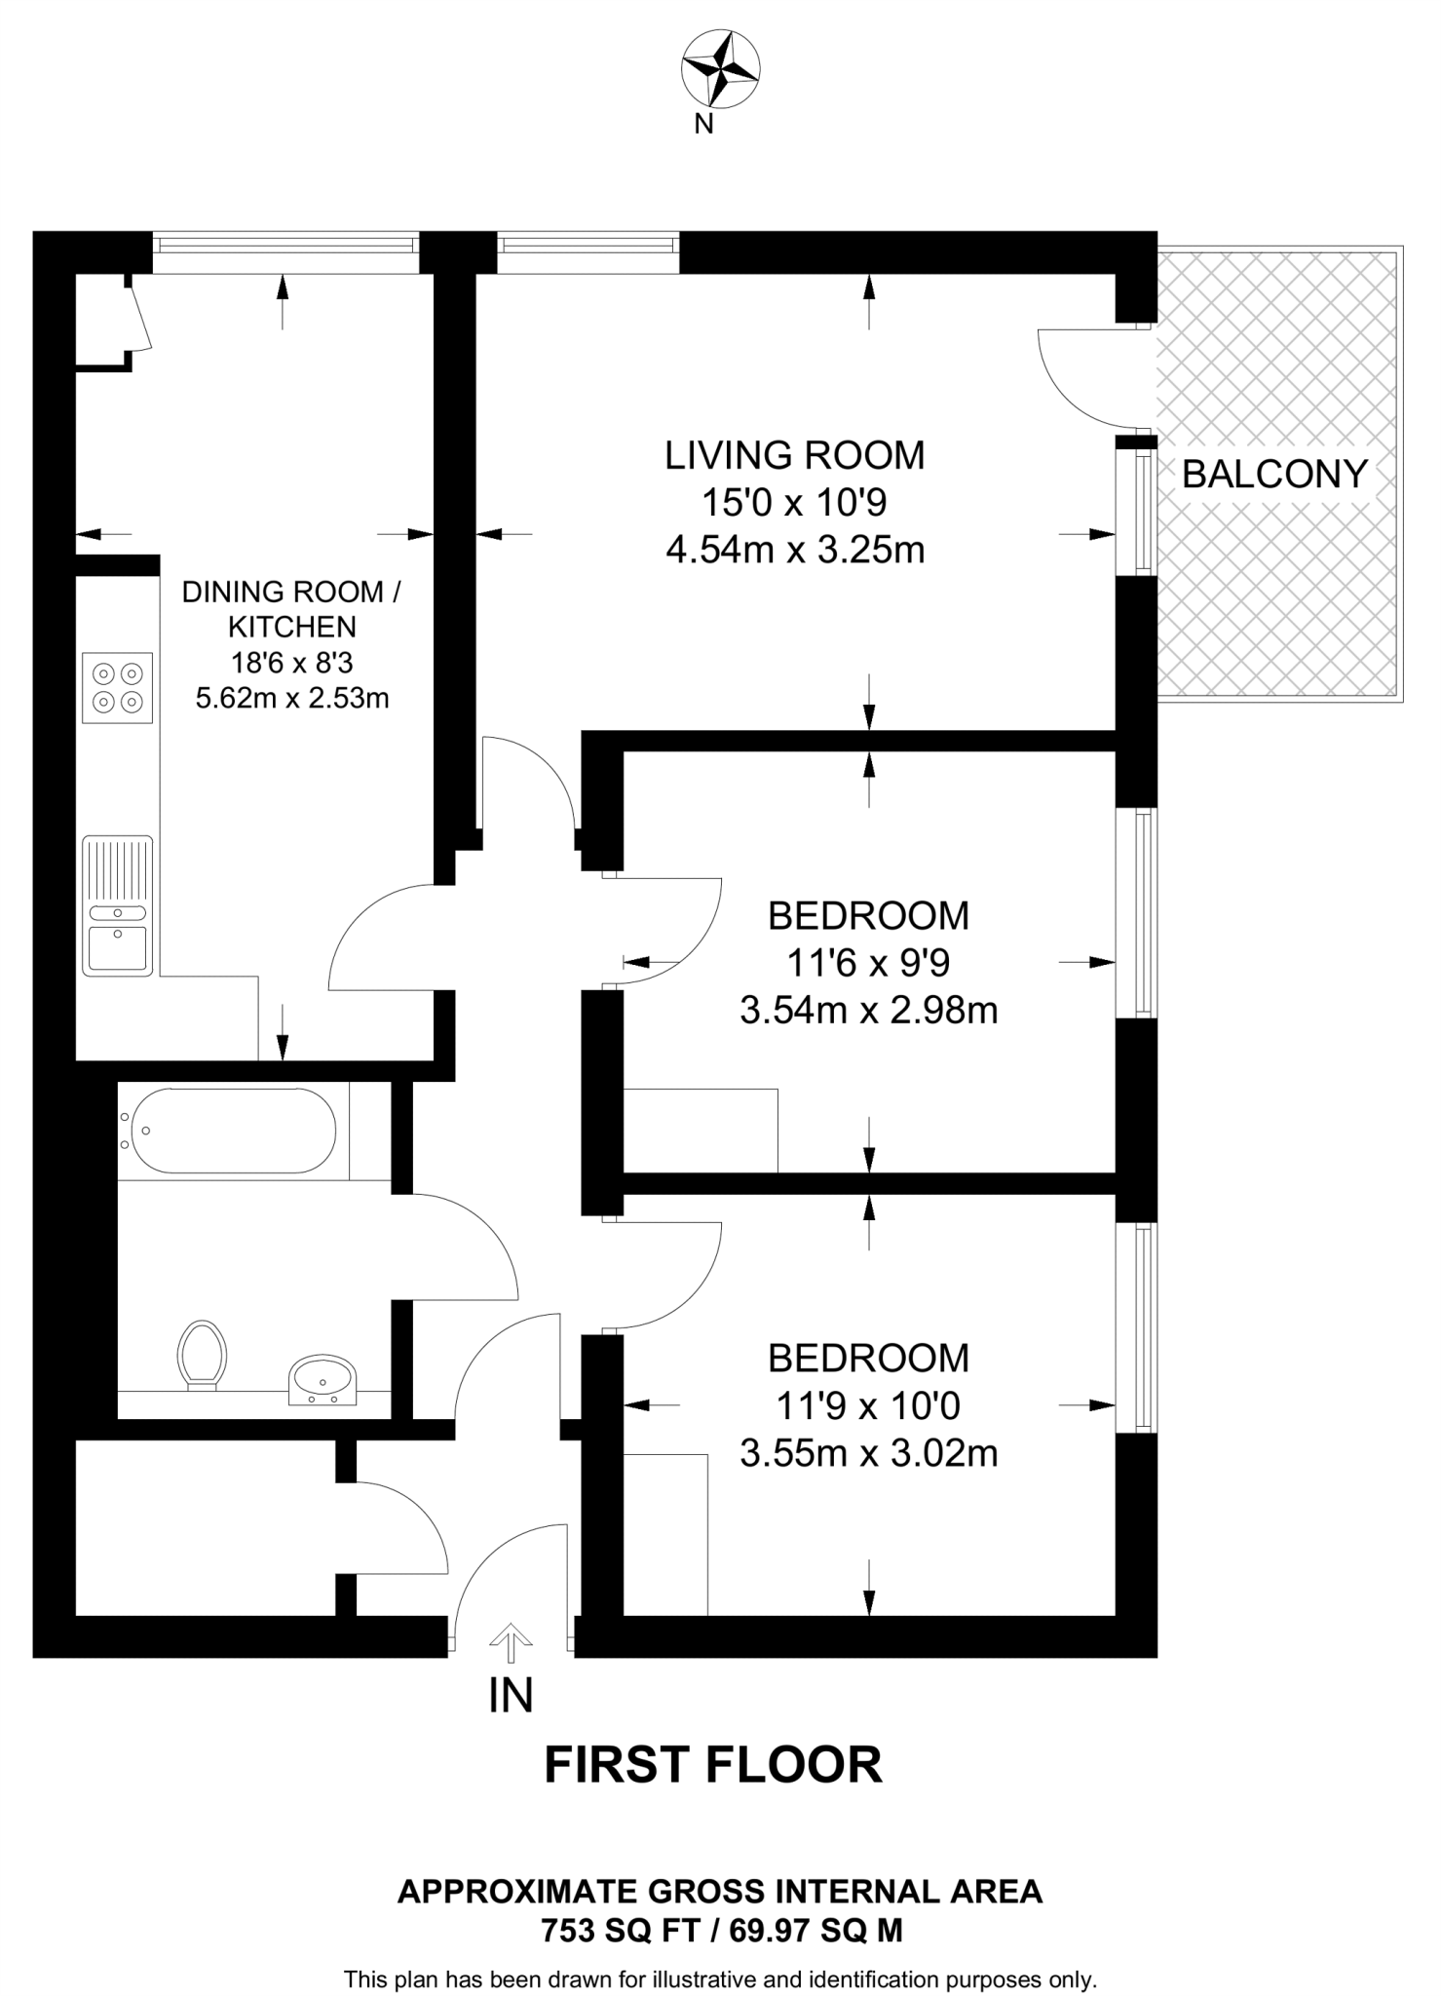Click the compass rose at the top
pyautogui.click(x=720, y=68)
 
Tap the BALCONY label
pyautogui.click(x=1274, y=475)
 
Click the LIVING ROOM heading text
pyautogui.click(x=794, y=455)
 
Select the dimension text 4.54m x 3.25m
pyautogui.click(x=794, y=551)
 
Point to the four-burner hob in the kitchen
pyautogui.click(x=118, y=687)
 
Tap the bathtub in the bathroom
pyautogui.click(x=232, y=1131)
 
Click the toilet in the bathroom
pyautogui.click(x=203, y=1354)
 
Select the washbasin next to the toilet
pyautogui.click(x=323, y=1379)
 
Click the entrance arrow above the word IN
pyautogui.click(x=511, y=1641)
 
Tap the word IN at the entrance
pyautogui.click(x=511, y=1696)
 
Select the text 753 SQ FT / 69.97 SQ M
pyautogui.click(x=721, y=1930)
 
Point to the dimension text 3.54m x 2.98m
pyautogui.click(x=868, y=1011)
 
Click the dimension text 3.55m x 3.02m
pyautogui.click(x=868, y=1453)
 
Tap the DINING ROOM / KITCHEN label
pyautogui.click(x=291, y=608)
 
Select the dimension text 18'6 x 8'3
pyautogui.click(x=291, y=664)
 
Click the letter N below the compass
pyautogui.click(x=703, y=125)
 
